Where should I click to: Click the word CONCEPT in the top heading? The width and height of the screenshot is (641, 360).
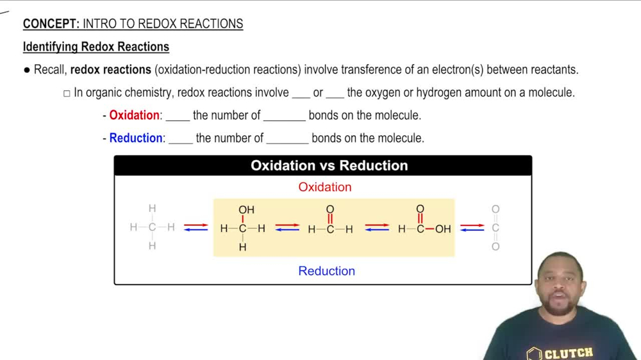click(50, 24)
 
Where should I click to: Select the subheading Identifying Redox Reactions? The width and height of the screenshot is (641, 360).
click(96, 47)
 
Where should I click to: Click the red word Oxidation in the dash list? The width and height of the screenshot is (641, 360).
click(134, 115)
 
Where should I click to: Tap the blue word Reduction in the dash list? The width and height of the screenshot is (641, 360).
click(136, 138)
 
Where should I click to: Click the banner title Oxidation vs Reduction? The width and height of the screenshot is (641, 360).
click(329, 165)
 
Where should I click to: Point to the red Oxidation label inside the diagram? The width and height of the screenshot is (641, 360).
click(325, 187)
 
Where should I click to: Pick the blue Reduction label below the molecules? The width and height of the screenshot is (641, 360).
click(326, 271)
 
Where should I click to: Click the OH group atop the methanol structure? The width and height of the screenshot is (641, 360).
click(246, 209)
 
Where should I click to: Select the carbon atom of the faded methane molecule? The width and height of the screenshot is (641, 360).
click(152, 227)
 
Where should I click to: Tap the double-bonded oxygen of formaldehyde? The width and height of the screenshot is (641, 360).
click(330, 209)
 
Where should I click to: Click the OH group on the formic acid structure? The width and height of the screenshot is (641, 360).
click(443, 229)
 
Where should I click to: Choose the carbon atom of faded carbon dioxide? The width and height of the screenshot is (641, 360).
click(495, 228)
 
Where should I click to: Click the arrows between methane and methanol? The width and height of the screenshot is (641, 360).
click(196, 227)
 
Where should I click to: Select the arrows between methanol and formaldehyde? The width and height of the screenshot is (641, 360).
click(287, 227)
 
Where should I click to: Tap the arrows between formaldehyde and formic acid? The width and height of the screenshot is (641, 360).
click(377, 227)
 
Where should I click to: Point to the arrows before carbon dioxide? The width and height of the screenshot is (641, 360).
click(472, 227)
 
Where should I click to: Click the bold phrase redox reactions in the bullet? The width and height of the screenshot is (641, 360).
click(110, 69)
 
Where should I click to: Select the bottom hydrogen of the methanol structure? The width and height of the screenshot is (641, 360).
click(242, 247)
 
